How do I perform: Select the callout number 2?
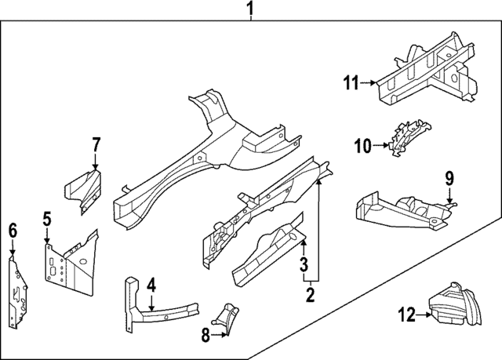pos(311,295)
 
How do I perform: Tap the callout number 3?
pos(304,269)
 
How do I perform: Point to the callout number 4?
pos(151,285)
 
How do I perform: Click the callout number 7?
pos(96,144)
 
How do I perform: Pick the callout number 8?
pos(205,335)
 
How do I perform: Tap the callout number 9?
pos(449,179)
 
